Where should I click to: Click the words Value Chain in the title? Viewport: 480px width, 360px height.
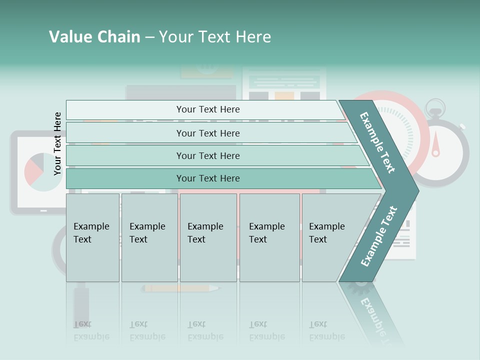pos(94,37)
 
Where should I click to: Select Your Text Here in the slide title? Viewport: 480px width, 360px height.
pos(215,37)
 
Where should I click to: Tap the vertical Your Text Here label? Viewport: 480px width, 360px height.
pos(57,143)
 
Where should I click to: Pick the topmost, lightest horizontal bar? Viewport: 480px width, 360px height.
pos(208,109)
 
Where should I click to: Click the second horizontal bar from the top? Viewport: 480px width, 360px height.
pos(208,133)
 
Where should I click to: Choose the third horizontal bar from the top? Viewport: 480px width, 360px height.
pos(208,155)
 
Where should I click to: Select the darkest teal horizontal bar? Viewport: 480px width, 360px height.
pos(208,178)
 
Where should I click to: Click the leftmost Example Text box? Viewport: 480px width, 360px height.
pos(92,237)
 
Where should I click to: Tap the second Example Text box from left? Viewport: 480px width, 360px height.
pos(149,237)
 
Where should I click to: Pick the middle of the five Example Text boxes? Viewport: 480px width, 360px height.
pos(208,237)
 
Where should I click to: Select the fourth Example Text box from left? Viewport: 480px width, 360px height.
pos(269,237)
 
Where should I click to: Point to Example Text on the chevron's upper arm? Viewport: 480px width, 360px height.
pos(378,143)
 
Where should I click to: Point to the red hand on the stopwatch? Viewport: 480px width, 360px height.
pos(435,145)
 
